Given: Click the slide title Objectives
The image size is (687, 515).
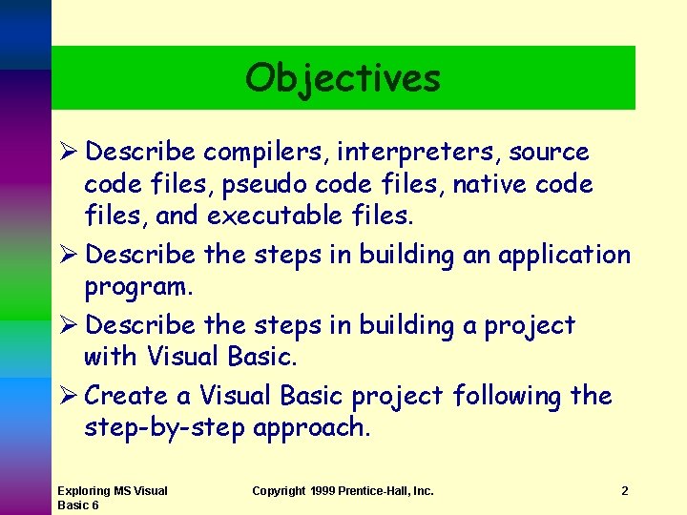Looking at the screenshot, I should click(x=343, y=78).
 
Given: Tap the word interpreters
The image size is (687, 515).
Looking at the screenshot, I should click(x=422, y=152).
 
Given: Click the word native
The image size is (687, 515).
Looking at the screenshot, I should click(x=486, y=183).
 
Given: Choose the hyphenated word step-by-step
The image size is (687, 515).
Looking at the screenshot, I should click(x=164, y=428).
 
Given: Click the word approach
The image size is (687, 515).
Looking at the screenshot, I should click(x=310, y=428).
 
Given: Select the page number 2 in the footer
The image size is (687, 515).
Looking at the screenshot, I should click(x=624, y=491).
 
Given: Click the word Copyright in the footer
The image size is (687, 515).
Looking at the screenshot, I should click(x=279, y=491).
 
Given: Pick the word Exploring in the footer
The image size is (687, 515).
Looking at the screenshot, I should click(x=84, y=491).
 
